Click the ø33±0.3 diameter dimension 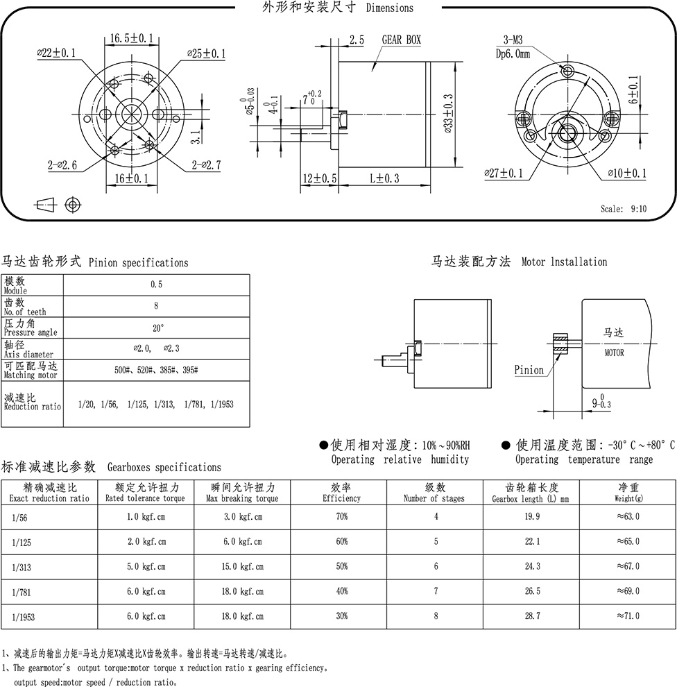[448, 114]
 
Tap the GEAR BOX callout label [401, 40]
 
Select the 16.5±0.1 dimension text [131, 38]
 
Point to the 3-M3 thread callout [513, 40]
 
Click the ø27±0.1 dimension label [504, 173]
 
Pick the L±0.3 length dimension [384, 178]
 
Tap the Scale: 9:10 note [624, 209]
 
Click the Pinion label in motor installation [529, 371]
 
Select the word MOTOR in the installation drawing [614, 353]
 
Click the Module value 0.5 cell [156, 285]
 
